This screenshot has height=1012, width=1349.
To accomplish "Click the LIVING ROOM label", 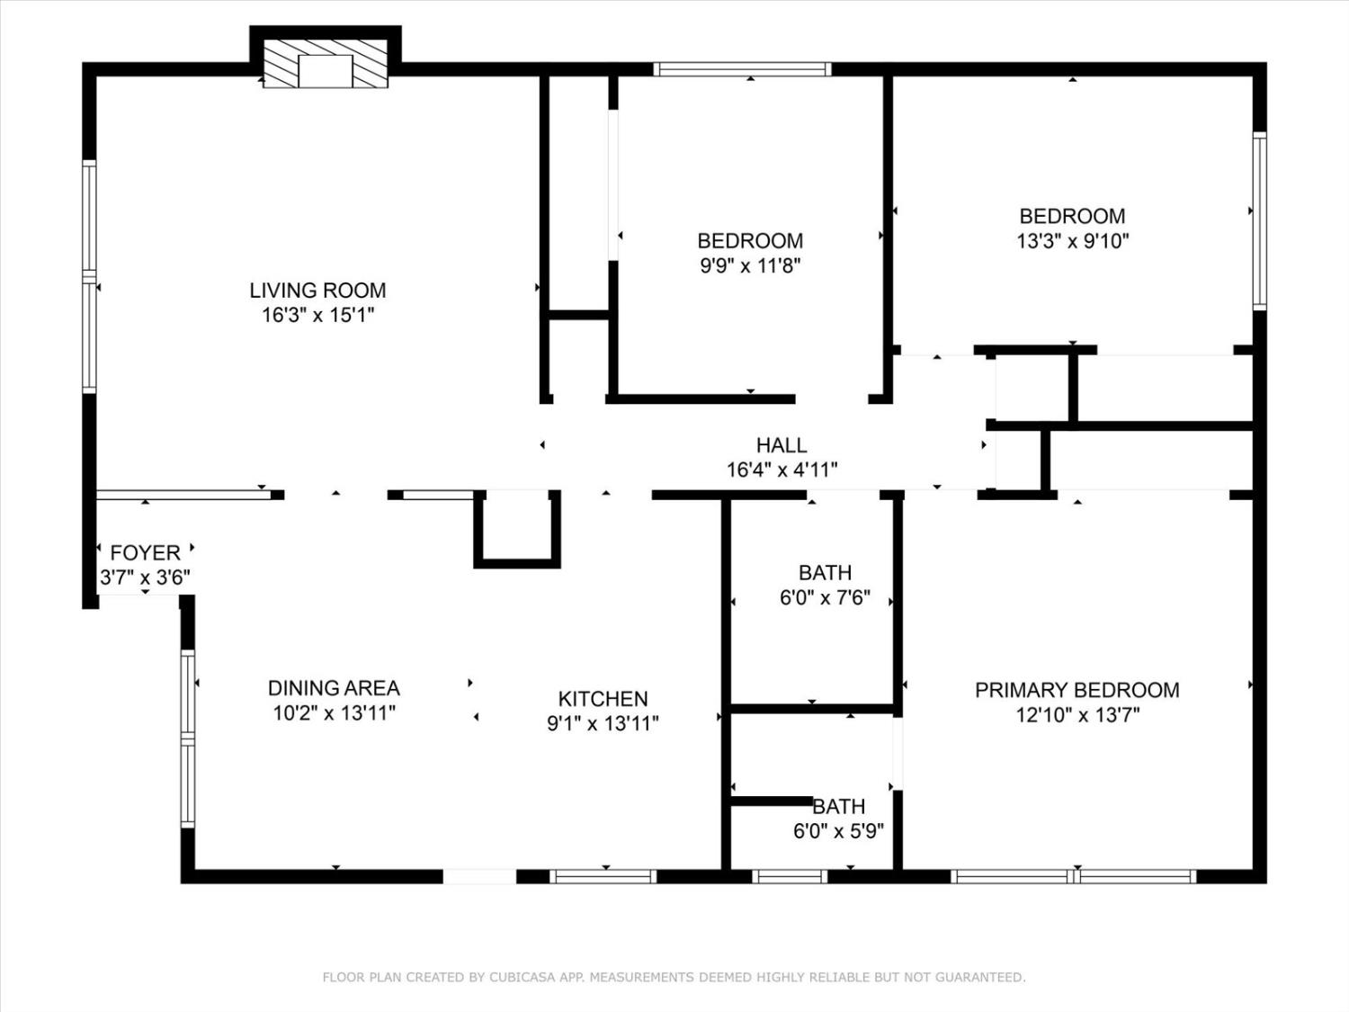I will [x=317, y=291].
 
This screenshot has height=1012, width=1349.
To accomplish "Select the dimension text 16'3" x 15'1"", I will [x=317, y=315].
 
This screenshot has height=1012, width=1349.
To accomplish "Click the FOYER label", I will [x=145, y=552].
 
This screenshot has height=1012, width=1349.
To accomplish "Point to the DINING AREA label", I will [x=334, y=688].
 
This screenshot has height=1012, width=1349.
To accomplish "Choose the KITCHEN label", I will [x=603, y=699].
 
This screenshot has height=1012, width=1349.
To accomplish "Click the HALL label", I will [x=781, y=445].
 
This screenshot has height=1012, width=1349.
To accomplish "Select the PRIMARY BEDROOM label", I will [x=1077, y=690].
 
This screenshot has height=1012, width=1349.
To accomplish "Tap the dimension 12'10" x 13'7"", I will [x=1077, y=715].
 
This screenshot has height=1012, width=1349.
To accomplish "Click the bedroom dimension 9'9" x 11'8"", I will [x=750, y=265].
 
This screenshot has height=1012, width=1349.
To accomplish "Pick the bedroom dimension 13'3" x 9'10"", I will [x=1072, y=241].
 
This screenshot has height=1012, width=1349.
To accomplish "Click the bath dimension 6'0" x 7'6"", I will [x=825, y=597].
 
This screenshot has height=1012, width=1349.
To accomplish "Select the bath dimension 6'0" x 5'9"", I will [x=837, y=831].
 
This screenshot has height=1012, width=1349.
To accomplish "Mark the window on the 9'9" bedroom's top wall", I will [x=742, y=69].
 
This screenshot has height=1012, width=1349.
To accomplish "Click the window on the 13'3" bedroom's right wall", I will [x=1259, y=221].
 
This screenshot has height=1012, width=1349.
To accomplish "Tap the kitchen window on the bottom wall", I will [x=603, y=876].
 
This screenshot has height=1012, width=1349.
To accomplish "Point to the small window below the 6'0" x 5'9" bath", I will [x=789, y=876].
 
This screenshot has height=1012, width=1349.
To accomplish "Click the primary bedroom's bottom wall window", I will [x=1074, y=876].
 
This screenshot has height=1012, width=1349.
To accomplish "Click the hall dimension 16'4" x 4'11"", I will [x=781, y=470].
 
